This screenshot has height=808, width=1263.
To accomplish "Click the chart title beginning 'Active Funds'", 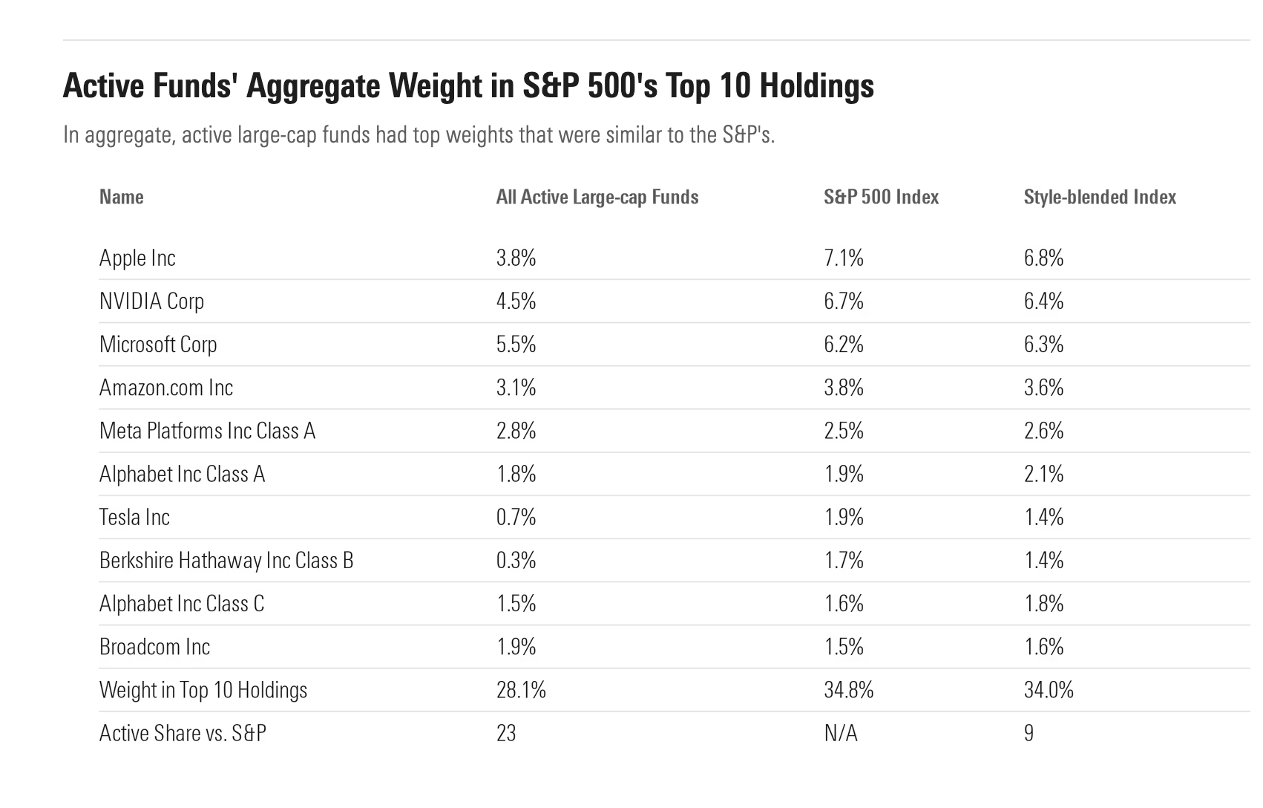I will (468, 86).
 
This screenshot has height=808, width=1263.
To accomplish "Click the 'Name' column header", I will (122, 197).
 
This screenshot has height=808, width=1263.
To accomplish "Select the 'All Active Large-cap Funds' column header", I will (597, 197).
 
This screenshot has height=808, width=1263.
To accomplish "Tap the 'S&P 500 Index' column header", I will (881, 197).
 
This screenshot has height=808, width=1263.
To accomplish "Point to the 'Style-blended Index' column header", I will (1100, 197).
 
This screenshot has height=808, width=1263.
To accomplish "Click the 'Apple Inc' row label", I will (137, 258).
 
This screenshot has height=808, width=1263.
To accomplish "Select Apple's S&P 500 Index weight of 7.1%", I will (844, 258).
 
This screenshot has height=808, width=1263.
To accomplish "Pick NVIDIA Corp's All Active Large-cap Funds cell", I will (516, 301).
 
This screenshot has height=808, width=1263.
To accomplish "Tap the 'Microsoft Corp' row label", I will (158, 344).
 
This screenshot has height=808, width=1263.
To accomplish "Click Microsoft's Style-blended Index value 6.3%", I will (1043, 344).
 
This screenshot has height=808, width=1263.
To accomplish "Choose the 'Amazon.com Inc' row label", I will (166, 387).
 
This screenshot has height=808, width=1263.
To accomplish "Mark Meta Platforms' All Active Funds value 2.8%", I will (516, 431).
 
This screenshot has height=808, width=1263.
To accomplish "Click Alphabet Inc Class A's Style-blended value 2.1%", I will (1043, 474).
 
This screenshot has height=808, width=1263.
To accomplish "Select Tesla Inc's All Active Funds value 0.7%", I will (516, 517).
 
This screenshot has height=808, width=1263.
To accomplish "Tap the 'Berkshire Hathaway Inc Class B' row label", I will (226, 560).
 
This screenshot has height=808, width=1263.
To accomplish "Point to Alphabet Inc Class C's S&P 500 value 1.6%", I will (844, 603).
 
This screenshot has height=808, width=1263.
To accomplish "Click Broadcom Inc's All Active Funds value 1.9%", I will (516, 646).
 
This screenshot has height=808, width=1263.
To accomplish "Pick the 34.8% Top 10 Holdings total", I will (848, 690).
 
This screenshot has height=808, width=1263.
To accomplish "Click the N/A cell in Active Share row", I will (841, 733).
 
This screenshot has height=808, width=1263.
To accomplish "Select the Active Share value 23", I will (506, 733).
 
